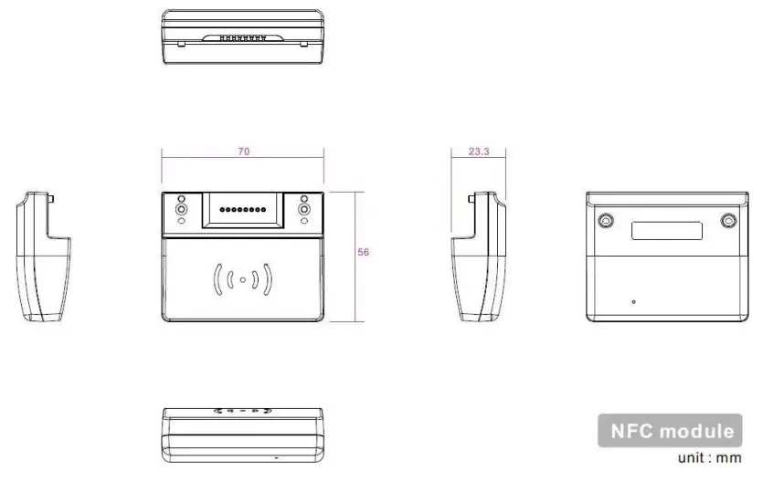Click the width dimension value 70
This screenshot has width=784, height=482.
coord(243,152)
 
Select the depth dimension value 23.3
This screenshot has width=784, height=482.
coord(478,152)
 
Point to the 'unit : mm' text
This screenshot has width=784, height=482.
coord(709,457)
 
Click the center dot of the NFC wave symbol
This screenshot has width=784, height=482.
coord(242,280)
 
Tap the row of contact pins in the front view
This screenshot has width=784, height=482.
coord(242,210)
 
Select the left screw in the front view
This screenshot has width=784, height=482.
coord(181,210)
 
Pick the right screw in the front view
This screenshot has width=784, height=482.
coord(303,210)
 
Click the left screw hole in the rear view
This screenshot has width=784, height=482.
coord(605,221)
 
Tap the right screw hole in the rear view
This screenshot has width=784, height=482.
coord(728,221)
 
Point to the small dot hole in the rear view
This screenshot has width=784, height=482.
coord(633,301)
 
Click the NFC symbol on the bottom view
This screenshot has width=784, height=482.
coord(242,413)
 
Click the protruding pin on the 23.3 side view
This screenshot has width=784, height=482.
coord(470,197)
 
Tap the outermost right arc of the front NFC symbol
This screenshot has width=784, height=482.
coord(269,280)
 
